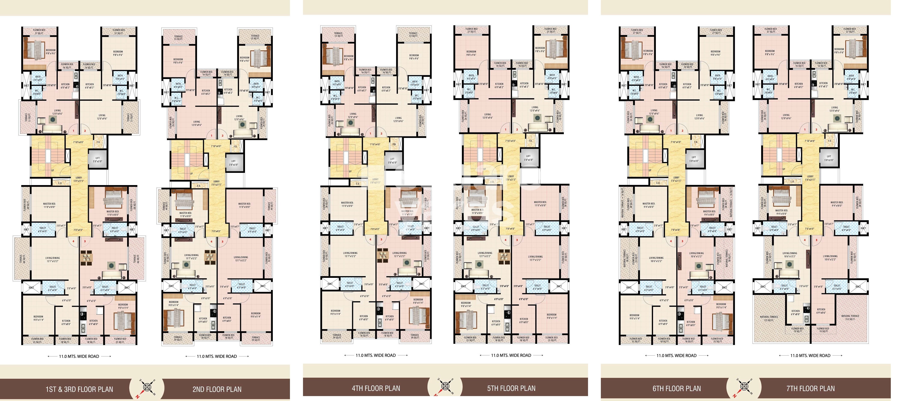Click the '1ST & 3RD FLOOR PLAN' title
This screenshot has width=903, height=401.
[79, 389]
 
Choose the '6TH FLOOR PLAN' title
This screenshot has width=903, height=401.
[677, 388]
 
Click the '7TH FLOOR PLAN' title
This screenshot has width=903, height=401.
[811, 388]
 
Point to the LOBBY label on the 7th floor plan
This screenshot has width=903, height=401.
[810, 178]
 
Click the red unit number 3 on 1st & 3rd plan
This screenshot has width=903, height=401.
[85, 241]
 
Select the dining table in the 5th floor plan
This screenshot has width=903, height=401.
[504, 255]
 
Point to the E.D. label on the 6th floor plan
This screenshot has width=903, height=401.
[658, 183]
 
